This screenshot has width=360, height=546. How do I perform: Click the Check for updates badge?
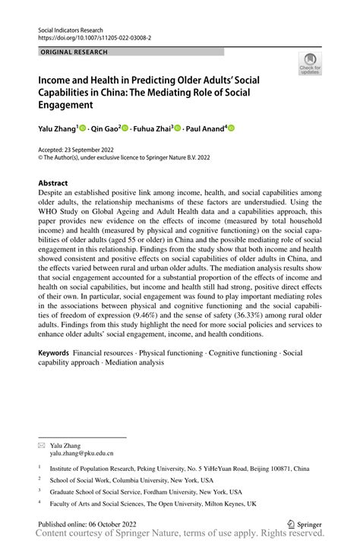[x=309, y=66]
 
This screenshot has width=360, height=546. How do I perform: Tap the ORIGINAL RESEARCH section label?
[x=73, y=52]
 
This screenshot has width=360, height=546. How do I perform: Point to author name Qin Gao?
[x=109, y=128]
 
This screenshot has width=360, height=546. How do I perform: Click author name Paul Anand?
[x=205, y=128]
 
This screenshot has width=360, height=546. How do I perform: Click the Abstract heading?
[x=53, y=183]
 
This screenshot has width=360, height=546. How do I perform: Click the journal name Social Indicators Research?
[x=71, y=28]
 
